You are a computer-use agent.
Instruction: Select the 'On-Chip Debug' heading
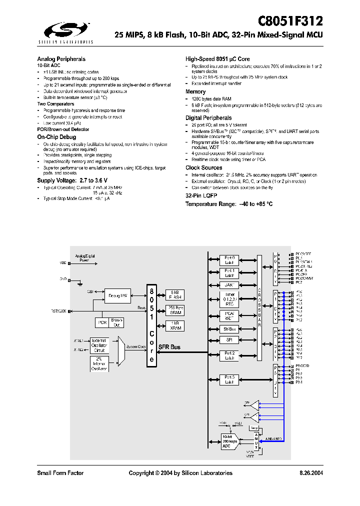(x=56, y=136)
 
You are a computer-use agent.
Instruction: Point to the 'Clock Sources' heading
(x=203, y=167)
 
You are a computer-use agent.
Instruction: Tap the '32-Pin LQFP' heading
(x=201, y=196)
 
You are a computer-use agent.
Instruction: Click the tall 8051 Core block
(x=151, y=325)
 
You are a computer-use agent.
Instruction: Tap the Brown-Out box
(x=116, y=322)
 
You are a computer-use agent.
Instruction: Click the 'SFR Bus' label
(x=170, y=346)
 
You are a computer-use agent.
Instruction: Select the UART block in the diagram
(x=229, y=284)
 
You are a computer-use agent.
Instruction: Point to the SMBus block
(x=229, y=329)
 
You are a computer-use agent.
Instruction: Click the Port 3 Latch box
(x=229, y=379)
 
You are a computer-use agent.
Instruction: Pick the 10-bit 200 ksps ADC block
(x=230, y=441)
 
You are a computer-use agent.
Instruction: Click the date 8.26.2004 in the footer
(x=311, y=473)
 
